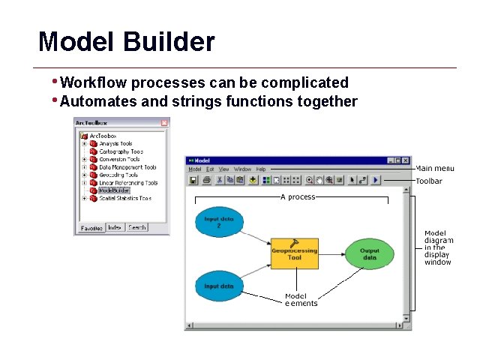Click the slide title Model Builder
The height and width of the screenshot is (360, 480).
tap(126, 41)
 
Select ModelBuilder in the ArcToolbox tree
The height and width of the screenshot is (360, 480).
tap(114, 190)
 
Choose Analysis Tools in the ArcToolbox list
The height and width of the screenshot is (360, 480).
tap(115, 143)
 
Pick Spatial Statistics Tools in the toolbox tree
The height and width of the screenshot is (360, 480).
tap(124, 199)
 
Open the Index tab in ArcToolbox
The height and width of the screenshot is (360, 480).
tap(115, 227)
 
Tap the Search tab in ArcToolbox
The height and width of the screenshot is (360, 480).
tap(136, 227)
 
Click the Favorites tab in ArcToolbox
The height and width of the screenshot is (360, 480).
tap(91, 227)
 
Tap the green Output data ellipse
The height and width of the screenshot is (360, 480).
tap(369, 255)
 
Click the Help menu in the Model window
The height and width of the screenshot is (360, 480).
tap(261, 169)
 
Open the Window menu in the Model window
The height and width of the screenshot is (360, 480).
tap(242, 169)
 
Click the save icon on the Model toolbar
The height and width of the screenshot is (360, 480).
tap(193, 180)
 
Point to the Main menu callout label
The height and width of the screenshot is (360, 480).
tap(435, 169)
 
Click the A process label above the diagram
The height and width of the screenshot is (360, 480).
tap(298, 197)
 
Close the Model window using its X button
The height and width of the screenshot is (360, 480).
tap(406, 160)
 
